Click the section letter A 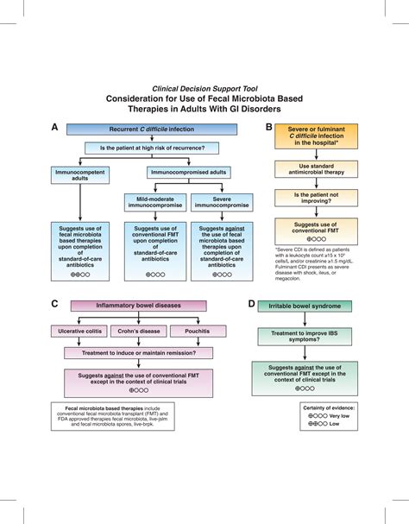(x=54, y=127)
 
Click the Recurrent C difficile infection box (x=151, y=129)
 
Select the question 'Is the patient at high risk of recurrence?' (x=152, y=148)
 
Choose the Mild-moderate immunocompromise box (x=156, y=203)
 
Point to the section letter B (x=269, y=127)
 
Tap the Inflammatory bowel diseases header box (x=139, y=305)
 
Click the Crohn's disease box (x=140, y=331)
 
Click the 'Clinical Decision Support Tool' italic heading (x=205, y=88)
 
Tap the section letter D (x=250, y=305)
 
